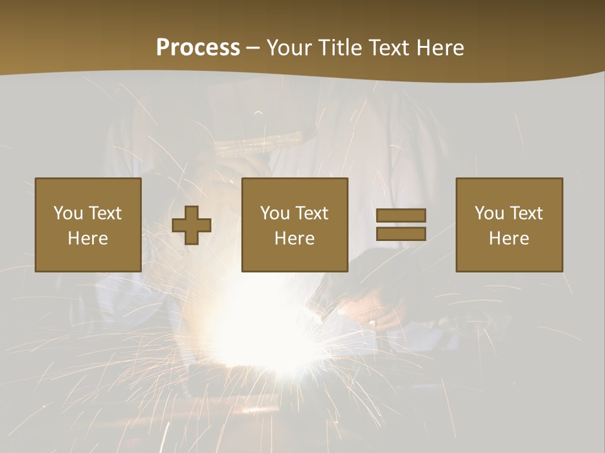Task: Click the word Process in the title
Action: point(198,48)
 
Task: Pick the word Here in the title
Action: point(441,48)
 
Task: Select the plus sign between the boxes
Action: point(192,225)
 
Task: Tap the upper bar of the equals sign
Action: point(401,215)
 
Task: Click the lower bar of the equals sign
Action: point(401,234)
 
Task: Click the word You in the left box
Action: point(68,213)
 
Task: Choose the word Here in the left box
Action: point(88,238)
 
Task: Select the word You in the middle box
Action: point(275,213)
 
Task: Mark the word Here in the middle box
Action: point(294,238)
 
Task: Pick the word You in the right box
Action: point(489,213)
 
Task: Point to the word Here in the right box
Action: point(509,238)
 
